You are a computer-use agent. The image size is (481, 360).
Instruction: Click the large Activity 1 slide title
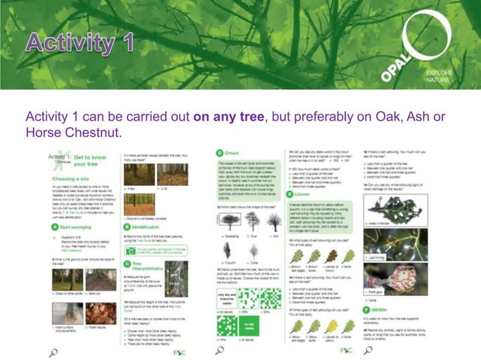pos(80,42)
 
